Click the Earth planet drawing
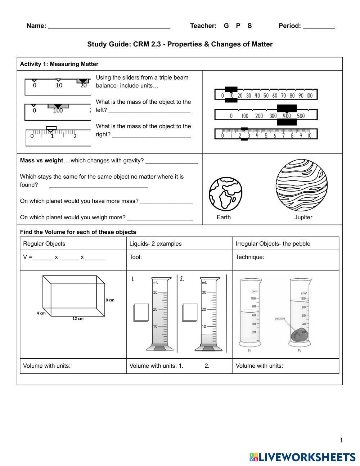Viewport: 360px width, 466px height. click(x=225, y=193)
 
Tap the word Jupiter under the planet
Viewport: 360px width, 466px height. click(x=303, y=217)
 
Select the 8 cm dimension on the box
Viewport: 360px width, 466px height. click(x=110, y=300)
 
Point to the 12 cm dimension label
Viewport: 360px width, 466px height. click(x=78, y=319)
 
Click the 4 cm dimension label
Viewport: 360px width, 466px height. click(x=41, y=313)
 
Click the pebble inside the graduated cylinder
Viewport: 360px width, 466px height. click(x=299, y=335)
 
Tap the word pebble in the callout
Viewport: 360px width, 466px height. click(x=280, y=318)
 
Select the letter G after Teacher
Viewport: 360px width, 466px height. click(x=226, y=26)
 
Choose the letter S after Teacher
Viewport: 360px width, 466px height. click(x=249, y=26)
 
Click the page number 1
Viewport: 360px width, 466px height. click(x=341, y=440)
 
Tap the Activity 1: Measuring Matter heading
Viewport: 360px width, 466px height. click(x=59, y=64)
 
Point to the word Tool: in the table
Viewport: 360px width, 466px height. click(x=135, y=257)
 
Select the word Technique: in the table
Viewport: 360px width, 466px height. click(x=250, y=257)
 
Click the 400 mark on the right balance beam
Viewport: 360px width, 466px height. click(x=287, y=116)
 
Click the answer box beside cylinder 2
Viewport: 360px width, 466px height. click(x=190, y=312)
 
